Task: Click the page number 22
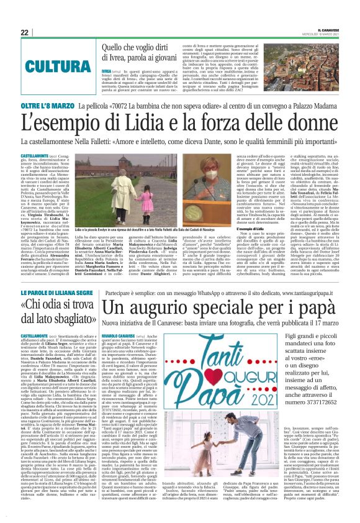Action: pyautogui.click(x=24, y=32)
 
